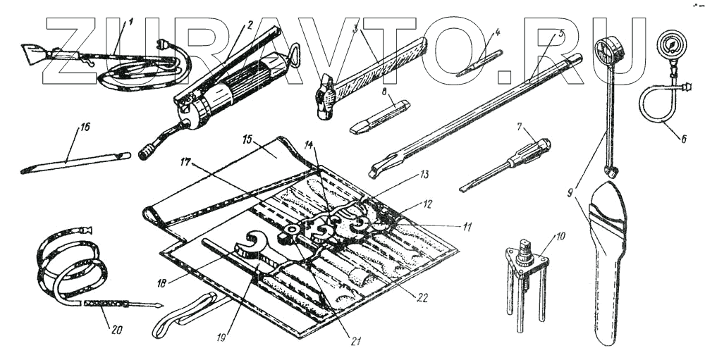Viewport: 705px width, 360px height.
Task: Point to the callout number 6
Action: point(682,139)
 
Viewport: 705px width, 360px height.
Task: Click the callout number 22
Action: point(422,297)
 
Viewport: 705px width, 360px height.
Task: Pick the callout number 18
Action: point(164,283)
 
